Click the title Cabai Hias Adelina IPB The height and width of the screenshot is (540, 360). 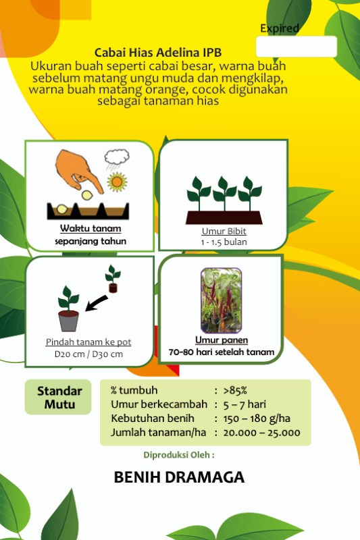pyautogui.click(x=158, y=53)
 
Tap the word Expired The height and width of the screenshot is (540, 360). pyautogui.click(x=279, y=28)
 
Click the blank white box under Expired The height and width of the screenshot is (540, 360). pyautogui.click(x=296, y=47)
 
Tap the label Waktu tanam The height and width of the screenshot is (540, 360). pyautogui.click(x=91, y=228)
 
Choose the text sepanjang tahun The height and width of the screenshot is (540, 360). pyautogui.click(x=91, y=241)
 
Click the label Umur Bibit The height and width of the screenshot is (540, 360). pyautogui.click(x=223, y=231)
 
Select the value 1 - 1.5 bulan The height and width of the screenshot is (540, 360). pyautogui.click(x=223, y=242)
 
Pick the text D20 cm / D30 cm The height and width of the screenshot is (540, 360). pyautogui.click(x=88, y=354)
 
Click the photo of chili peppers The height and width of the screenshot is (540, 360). pyautogui.click(x=221, y=300)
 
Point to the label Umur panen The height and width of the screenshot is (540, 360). pyautogui.click(x=221, y=340)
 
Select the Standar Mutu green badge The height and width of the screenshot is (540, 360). pyautogui.click(x=59, y=398)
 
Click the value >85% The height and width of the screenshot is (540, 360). pyautogui.click(x=235, y=390)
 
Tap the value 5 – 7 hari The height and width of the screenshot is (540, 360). pyautogui.click(x=245, y=404)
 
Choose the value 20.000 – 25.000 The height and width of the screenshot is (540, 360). pyautogui.click(x=261, y=433)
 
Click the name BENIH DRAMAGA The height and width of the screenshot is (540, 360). pyautogui.click(x=179, y=477)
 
